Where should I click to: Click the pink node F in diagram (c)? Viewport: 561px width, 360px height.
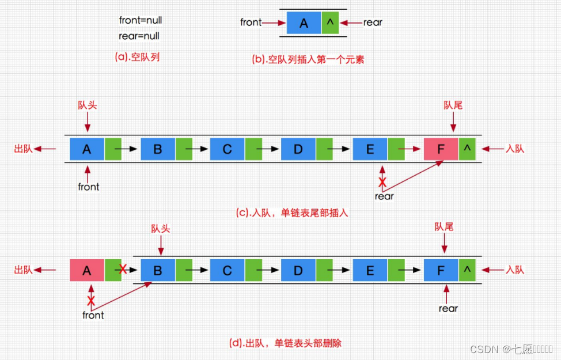pos(441,149)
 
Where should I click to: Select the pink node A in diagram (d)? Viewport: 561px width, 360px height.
pos(87,270)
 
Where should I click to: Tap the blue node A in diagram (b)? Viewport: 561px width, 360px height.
pos(304,23)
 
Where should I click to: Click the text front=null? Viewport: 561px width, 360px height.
pos(141,20)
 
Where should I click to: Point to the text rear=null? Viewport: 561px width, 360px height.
pos(139,36)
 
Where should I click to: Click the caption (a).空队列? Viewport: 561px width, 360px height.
pos(138,58)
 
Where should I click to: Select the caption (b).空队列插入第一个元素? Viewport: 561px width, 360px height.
pos(308,59)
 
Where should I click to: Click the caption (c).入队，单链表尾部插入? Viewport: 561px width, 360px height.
pos(292,213)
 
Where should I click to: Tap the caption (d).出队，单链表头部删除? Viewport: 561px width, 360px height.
pos(286,343)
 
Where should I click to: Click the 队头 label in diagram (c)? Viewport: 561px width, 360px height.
pos(87,105)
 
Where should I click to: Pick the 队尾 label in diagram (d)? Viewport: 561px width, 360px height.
pos(444,228)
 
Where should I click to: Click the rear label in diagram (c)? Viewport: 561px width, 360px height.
pos(384,196)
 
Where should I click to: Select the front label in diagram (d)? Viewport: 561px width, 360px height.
pos(93,315)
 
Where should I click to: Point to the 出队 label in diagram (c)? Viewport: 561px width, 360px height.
pos(24,149)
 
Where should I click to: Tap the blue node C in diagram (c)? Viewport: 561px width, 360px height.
pos(228,149)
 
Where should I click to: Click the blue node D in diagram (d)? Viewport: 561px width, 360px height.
pos(298,270)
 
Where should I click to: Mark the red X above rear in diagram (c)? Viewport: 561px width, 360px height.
pos(382,182)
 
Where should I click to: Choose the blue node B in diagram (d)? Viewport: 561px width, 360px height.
pos(158,270)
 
